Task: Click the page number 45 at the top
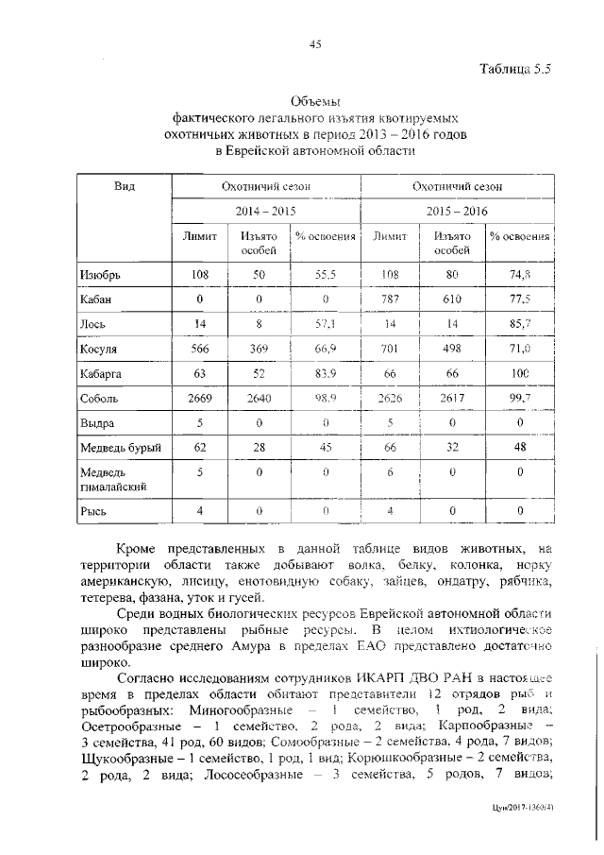(315, 43)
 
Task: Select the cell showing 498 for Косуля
(452, 349)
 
